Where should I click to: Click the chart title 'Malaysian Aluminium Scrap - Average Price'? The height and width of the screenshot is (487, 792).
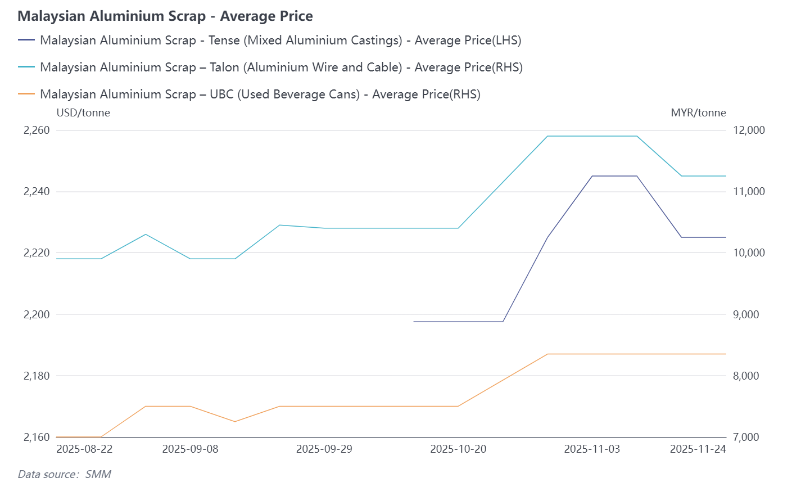165,16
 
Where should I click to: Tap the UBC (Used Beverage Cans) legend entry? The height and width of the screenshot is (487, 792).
260,94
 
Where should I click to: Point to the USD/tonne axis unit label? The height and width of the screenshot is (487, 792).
83,112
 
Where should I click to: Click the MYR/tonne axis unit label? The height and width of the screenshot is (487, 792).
698,112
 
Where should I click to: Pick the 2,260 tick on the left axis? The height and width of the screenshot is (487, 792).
37,130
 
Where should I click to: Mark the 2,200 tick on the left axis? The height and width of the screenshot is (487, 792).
37,314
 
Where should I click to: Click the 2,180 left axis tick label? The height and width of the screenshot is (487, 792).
37,376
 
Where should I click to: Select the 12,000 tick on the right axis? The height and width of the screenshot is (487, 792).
749,130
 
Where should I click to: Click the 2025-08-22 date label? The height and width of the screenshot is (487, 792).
84,449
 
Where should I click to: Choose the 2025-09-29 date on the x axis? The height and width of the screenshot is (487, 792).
324,449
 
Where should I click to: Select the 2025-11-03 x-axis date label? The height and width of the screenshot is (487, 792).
592,449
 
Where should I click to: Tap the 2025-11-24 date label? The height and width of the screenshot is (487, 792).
698,449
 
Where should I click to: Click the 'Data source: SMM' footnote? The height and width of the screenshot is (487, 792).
64,474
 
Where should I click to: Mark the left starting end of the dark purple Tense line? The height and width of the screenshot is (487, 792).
414,322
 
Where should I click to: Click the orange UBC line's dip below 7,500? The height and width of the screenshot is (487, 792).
235,421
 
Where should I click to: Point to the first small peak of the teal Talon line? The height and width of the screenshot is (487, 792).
146,234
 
